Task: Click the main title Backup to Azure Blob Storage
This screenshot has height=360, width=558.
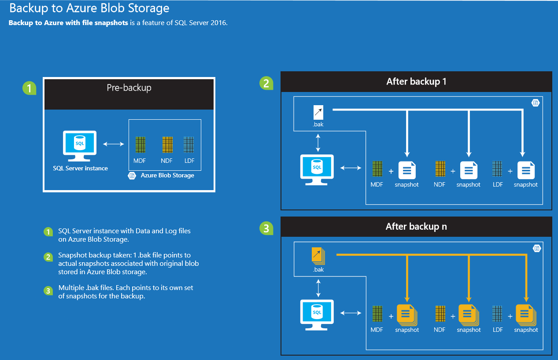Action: coord(89,8)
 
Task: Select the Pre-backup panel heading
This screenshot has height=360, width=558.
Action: coord(129,88)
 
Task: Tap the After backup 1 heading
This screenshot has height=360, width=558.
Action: coord(416,81)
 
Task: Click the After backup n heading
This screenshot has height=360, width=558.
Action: coord(416,227)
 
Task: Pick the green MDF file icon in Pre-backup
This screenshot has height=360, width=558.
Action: coord(140,145)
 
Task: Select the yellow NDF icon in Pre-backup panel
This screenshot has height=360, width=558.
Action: coord(167,145)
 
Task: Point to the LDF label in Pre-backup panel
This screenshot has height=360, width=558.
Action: coord(189,161)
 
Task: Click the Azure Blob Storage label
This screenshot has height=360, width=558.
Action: coord(167,176)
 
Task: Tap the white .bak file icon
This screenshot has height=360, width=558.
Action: coord(318,113)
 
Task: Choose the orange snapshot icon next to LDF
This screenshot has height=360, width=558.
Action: coord(525,315)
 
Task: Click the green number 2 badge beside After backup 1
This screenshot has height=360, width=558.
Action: coord(266,83)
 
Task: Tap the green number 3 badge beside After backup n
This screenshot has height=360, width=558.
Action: coord(266,228)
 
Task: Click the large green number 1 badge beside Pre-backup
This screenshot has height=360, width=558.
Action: coord(29,88)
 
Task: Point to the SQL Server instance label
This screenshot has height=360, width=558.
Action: coord(80,168)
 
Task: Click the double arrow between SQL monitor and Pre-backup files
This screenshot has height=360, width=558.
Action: coord(113,144)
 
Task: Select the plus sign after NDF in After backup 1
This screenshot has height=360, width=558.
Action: coord(453,170)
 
